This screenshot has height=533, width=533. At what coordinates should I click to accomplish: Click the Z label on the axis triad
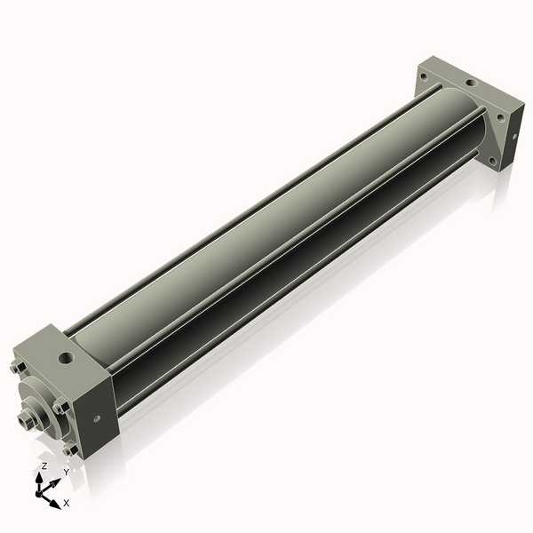44,465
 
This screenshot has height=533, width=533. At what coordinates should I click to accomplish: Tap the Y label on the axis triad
66,472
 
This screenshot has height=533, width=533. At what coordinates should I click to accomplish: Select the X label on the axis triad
67,503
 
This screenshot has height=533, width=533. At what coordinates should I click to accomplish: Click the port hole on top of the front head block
66,360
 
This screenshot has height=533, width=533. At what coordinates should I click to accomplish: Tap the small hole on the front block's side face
97,417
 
